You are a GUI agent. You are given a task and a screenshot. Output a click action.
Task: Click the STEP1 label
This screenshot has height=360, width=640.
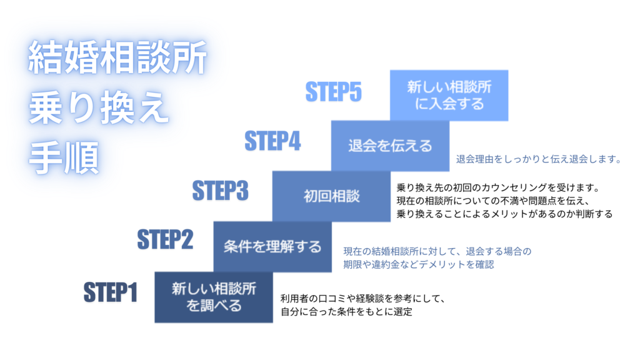click(x=110, y=292)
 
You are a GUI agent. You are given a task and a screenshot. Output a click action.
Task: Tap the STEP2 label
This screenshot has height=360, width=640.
click(x=165, y=239)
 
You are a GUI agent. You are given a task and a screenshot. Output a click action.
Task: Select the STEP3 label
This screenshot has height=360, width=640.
click(x=220, y=190)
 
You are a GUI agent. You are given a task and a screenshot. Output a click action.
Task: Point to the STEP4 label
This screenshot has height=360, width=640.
click(x=272, y=141)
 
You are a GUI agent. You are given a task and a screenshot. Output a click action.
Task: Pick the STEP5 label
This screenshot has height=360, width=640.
click(x=333, y=92)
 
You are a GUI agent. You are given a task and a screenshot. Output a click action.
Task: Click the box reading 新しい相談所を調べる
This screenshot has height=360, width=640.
click(x=213, y=297)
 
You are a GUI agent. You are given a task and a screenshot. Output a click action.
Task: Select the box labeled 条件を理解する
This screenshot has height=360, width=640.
click(x=272, y=247)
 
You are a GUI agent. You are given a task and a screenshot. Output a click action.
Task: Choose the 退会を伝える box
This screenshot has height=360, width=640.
click(x=390, y=146)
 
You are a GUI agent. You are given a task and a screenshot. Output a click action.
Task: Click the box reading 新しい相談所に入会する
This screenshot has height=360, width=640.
click(x=449, y=95)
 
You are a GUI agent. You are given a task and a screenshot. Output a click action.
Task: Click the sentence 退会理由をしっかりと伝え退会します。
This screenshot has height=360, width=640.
click(x=538, y=159)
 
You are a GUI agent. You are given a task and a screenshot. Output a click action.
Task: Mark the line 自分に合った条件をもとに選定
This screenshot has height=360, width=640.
click(x=346, y=311)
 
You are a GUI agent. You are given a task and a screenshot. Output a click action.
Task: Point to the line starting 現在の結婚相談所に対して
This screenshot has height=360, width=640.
click(x=437, y=251)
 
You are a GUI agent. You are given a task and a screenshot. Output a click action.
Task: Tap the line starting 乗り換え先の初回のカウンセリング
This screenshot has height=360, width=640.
click(x=498, y=187)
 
